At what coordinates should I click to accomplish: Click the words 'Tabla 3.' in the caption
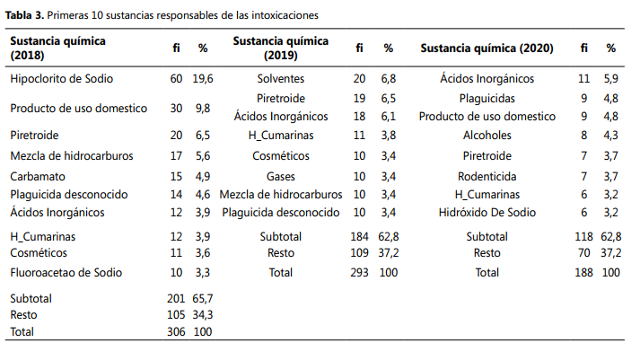tap(24, 15)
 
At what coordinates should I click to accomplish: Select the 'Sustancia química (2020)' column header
tap(487, 48)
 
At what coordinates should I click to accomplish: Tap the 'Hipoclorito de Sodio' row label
tap(62, 78)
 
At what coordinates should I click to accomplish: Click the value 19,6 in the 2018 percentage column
tap(203, 78)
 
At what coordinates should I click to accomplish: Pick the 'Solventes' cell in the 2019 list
tap(281, 78)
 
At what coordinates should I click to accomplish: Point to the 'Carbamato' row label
tap(38, 176)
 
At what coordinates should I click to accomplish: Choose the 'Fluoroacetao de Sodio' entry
tap(66, 272)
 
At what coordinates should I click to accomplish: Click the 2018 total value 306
tap(176, 331)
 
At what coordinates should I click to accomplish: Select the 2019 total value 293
tap(359, 272)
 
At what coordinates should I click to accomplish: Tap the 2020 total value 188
tap(583, 272)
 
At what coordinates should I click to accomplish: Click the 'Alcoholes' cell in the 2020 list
tap(487, 135)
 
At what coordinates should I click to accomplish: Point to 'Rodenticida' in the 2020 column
tap(487, 176)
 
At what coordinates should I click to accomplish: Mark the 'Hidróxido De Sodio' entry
tap(487, 212)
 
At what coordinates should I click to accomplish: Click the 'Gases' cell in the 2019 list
tap(281, 176)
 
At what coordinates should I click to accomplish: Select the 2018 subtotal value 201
tap(176, 298)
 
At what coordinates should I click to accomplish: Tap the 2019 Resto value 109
tap(359, 252)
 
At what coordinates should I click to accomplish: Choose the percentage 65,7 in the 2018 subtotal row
tap(203, 298)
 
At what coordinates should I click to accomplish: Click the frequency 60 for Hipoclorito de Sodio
tap(176, 78)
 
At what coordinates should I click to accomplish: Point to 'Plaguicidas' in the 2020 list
tap(487, 99)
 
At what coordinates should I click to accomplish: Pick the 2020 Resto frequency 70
tap(584, 252)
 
